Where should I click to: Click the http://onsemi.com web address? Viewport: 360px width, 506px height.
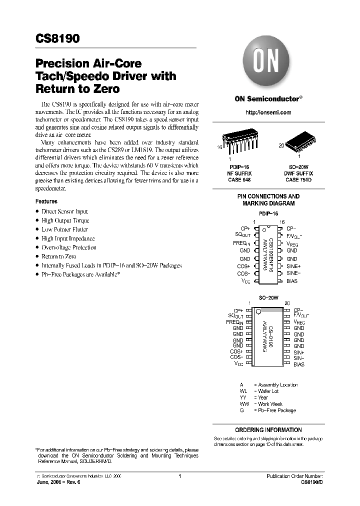coord(268,112)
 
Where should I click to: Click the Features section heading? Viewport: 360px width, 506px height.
coord(46,201)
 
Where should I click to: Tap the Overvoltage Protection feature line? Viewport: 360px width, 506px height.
coord(69,247)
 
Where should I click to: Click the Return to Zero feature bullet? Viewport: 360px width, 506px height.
coord(59,256)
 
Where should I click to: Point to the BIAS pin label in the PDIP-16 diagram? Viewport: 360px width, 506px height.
coord(292,281)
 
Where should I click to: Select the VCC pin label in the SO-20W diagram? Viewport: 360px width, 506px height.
coord(239,364)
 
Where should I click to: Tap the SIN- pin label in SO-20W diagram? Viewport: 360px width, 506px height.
coord(299,358)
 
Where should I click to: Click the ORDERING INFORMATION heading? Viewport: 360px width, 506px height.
coord(268,430)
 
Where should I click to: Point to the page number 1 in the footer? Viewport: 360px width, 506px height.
coord(179,476)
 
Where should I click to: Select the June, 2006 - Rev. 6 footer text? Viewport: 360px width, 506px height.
coord(58,483)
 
